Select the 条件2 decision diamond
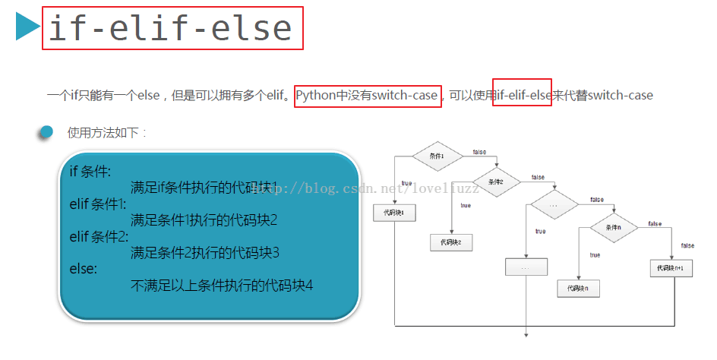tap(495, 182)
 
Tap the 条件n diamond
tap(614, 228)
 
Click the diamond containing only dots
tap(553, 205)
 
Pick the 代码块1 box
tap(394, 213)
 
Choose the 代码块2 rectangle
tap(451, 243)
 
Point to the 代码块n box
tap(578, 288)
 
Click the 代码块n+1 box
tap(672, 268)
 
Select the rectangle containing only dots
tap(526, 268)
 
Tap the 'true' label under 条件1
tap(406, 183)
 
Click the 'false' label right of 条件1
tap(479, 152)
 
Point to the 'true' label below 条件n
tap(594, 255)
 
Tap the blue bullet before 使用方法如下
tap(46, 132)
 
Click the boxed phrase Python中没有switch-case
tap(368, 96)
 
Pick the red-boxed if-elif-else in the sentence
tap(522, 96)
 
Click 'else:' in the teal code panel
tap(84, 269)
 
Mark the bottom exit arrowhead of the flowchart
tap(526, 333)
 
